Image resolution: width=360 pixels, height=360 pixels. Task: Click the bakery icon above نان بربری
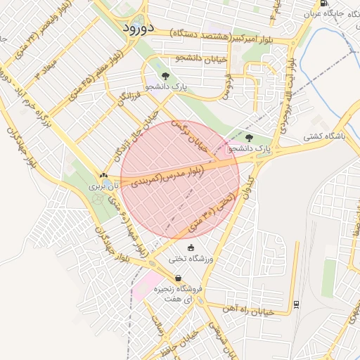[104, 176]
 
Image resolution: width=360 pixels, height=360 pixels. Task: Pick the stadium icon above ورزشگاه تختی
[191, 247]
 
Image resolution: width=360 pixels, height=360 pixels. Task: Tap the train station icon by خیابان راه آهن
[295, 304]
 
